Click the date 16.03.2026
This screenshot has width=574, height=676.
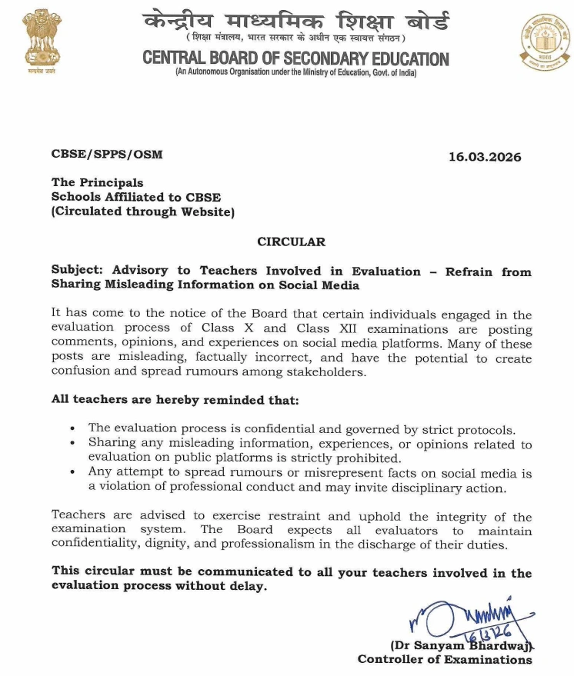tap(485, 158)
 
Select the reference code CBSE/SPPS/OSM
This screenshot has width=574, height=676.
tap(107, 155)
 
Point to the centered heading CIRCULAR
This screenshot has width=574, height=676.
tap(291, 241)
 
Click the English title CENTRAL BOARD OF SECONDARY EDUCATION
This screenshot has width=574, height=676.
tap(295, 58)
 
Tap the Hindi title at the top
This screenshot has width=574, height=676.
tap(295, 22)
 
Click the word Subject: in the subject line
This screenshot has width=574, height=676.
tap(78, 271)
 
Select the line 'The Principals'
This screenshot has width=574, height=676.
tap(97, 183)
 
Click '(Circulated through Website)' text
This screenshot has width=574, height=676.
tap(142, 211)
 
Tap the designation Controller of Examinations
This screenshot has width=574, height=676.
tap(445, 659)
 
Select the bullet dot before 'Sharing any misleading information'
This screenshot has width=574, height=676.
tap(72, 444)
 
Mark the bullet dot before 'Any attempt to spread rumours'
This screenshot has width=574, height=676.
tap(72, 472)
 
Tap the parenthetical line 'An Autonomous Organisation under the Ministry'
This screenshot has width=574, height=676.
tap(295, 72)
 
